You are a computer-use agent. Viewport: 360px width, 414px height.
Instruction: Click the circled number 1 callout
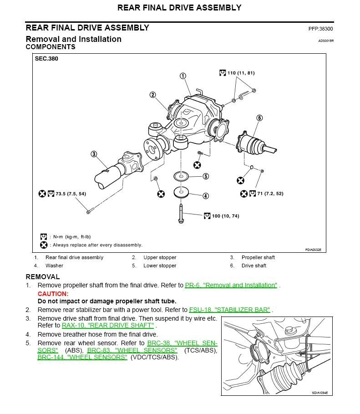coord(183,76)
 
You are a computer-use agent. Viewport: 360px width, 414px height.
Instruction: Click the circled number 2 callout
coord(153,95)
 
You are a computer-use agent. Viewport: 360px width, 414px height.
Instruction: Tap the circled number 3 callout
coord(94,154)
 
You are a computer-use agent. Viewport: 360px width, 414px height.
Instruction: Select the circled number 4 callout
coord(206,196)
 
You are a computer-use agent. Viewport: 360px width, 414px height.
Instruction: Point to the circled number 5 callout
coord(206,176)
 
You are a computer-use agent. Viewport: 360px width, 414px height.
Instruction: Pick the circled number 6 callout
coord(259,118)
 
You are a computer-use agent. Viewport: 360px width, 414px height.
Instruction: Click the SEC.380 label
coord(46,59)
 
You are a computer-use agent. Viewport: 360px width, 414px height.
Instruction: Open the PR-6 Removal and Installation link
coord(231,286)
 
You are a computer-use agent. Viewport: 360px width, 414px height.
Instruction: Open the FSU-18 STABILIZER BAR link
coord(230,310)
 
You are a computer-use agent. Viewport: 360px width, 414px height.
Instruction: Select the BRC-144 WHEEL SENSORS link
coord(82,358)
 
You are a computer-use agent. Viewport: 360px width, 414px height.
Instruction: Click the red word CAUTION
coord(53,294)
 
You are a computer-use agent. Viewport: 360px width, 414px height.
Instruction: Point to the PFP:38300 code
coord(320,29)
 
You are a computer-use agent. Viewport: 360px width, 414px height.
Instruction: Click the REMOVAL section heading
coord(42,276)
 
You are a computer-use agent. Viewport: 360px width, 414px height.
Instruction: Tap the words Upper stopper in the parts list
coord(160,258)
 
